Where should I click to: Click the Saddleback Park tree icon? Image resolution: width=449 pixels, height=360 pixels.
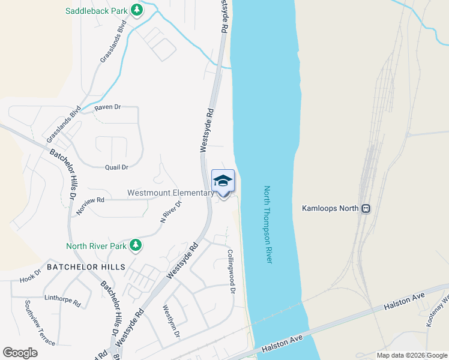pos(137,10)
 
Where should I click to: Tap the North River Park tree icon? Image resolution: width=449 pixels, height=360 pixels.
pos(136,245)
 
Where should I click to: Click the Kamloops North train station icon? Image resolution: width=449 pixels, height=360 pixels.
pos(365,209)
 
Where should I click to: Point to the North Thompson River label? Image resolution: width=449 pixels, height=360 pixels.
pos(268,224)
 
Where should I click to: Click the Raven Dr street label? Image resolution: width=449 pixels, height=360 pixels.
pos(107,107)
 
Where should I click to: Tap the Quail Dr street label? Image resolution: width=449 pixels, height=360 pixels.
pos(116,167)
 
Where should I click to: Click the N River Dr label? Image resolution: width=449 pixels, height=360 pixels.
pos(170,212)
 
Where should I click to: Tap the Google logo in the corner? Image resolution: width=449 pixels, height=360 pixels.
pos(20,353)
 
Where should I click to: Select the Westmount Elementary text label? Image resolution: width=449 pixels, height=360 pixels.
pos(170,193)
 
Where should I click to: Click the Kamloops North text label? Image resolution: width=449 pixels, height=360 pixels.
pos(330,209)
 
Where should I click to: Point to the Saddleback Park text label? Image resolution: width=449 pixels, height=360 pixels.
pos(97,10)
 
